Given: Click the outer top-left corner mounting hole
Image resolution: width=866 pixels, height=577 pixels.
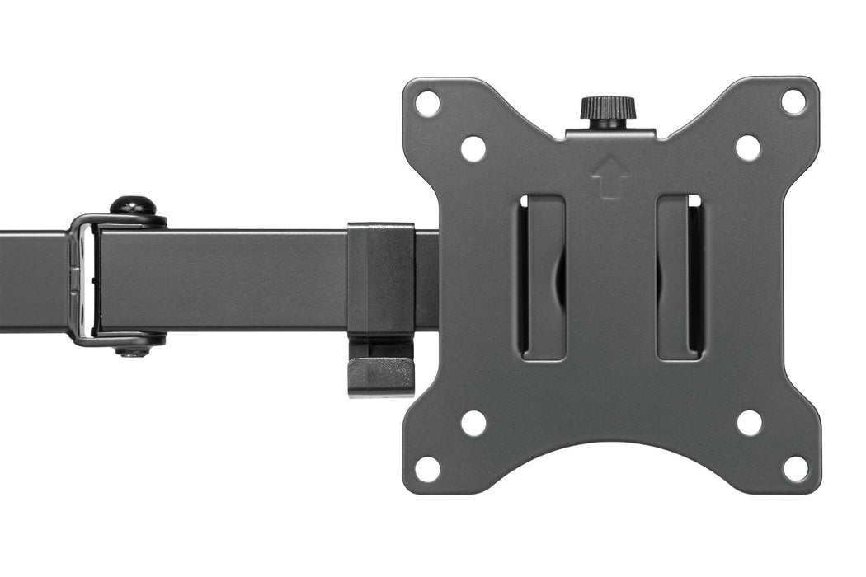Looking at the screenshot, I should click(x=427, y=104).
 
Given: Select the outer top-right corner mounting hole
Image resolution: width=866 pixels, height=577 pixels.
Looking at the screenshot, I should click(x=793, y=101).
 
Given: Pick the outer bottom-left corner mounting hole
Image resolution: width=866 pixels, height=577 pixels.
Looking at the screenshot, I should click(x=427, y=468).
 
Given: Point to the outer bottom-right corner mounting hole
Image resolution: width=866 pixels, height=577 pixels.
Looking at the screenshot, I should click(x=795, y=468).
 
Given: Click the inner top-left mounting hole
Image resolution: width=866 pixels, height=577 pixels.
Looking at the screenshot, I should click(x=473, y=148).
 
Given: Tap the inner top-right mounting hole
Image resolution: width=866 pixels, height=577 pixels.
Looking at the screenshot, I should click(x=747, y=148).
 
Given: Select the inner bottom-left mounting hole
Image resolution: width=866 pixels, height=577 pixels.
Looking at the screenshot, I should click(x=473, y=423).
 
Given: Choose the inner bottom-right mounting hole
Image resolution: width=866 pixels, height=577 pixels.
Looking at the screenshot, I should click(x=749, y=423).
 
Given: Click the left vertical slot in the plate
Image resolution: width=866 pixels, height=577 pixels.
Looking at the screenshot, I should click(x=542, y=278).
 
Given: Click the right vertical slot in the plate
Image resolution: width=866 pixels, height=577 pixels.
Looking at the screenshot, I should click(x=680, y=278).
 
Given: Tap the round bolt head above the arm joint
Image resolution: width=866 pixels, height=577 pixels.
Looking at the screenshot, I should click(x=134, y=204).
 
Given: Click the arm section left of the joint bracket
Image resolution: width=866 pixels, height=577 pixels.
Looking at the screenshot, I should click(x=33, y=280).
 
